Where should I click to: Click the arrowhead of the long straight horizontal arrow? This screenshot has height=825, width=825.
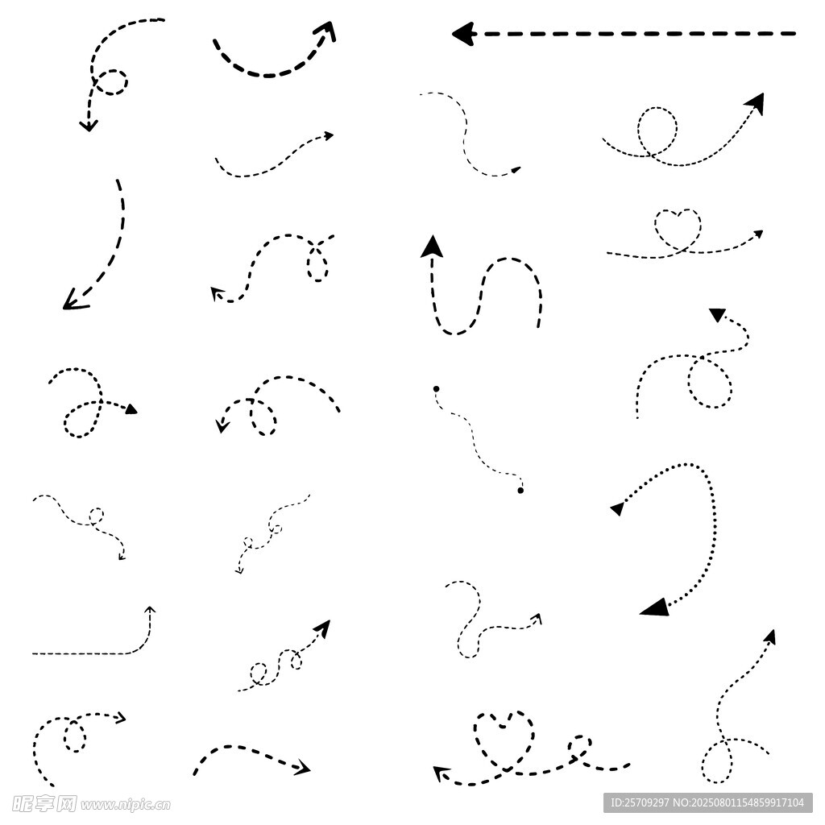tap(464, 34)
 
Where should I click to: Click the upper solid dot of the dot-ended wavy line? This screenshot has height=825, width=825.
tap(436, 389)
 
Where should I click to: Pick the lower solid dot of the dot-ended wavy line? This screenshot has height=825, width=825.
tap(520, 491)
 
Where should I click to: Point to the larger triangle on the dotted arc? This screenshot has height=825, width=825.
tap(655, 607)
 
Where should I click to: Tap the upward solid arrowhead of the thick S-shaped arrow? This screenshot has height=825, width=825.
tap(432, 247)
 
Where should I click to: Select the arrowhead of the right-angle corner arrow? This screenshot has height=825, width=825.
tap(150, 611)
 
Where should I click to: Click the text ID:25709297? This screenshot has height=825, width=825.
tap(639, 802)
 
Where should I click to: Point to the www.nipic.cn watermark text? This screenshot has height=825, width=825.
tap(125, 805)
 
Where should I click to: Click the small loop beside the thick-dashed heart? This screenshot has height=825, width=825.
tap(579, 746)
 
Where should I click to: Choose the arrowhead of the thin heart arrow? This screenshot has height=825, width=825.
tap(758, 234)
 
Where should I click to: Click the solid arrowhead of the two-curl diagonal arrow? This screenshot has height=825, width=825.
tap(322, 628)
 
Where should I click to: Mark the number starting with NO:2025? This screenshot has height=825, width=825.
tap(739, 802)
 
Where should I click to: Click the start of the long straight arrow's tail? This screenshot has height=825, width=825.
tap(795, 34)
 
